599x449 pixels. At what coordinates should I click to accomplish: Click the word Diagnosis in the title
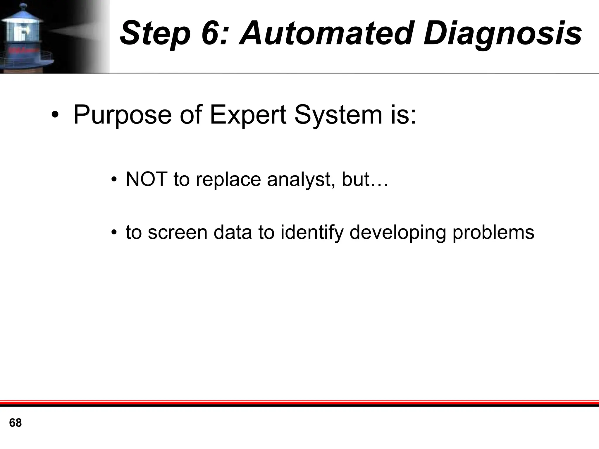[x=502, y=34]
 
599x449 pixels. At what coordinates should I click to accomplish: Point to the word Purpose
[x=122, y=115]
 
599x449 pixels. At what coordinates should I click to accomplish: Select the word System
[x=338, y=115]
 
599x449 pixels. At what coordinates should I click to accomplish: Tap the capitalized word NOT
[x=146, y=179]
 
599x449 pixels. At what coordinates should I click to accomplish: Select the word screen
[x=178, y=232]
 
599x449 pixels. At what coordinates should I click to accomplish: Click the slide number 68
[x=16, y=423]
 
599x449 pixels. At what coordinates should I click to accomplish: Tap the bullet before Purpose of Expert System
[x=54, y=115]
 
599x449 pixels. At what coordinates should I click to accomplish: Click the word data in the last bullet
[x=233, y=232]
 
